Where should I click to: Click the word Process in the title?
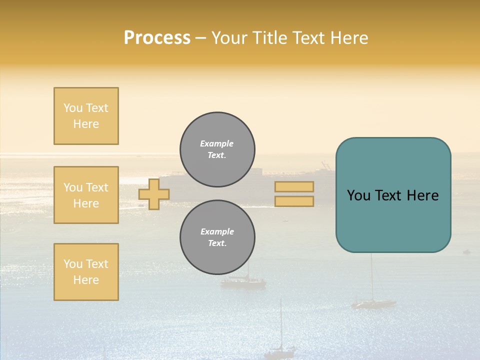pyautogui.click(x=157, y=38)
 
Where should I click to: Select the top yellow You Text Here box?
pyautogui.click(x=86, y=116)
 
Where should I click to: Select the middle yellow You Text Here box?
pyautogui.click(x=86, y=195)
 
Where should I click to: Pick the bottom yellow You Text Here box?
pyautogui.click(x=86, y=272)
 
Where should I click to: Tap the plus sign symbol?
pyautogui.click(x=154, y=194)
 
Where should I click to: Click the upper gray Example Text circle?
pyautogui.click(x=217, y=149)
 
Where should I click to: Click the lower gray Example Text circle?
pyautogui.click(x=217, y=237)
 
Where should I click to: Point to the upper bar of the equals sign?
pyautogui.click(x=294, y=186)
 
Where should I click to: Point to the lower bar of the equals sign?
pyautogui.click(x=294, y=201)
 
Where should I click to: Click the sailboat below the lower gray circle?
pyautogui.click(x=243, y=281)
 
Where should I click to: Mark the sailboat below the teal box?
pyautogui.click(x=373, y=302)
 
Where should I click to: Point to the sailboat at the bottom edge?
pyautogui.click(x=280, y=350)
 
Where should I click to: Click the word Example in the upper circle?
pyautogui.click(x=217, y=143)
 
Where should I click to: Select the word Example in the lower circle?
pyautogui.click(x=217, y=231)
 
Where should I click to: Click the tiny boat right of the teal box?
pyautogui.click(x=466, y=251)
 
